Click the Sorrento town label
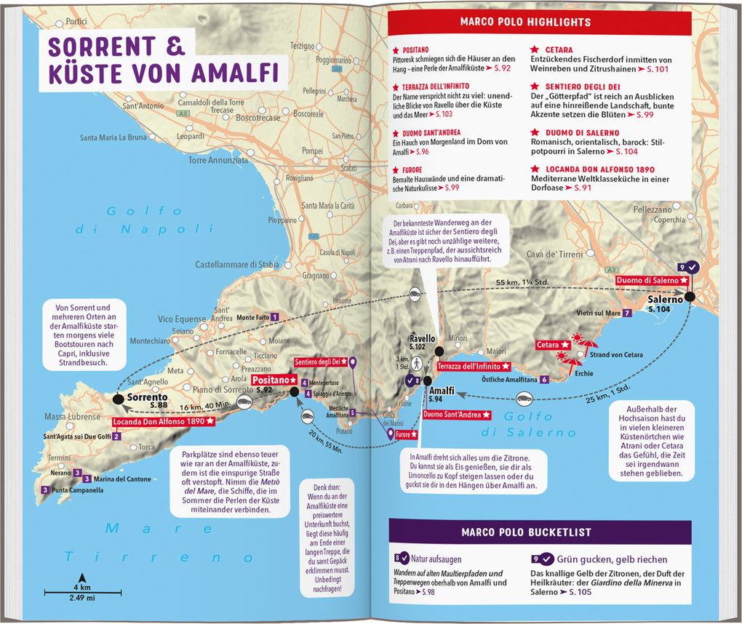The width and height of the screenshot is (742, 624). [147, 397]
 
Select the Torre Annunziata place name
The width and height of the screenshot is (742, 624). [218, 160]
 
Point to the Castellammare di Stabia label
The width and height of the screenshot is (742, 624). [237, 265]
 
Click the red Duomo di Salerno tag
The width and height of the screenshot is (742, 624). [650, 280]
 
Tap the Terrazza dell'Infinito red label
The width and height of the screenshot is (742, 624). [473, 366]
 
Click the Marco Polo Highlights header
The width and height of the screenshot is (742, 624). [525, 23]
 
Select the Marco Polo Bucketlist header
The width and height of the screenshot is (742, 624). [525, 532]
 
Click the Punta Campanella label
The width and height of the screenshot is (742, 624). [77, 490]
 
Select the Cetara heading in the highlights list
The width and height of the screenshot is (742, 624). [559, 50]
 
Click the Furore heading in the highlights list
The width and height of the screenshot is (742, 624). [409, 169]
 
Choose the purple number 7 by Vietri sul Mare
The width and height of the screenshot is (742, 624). [627, 313]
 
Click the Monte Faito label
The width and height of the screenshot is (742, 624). [253, 317]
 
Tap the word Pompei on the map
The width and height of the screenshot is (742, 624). [311, 151]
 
